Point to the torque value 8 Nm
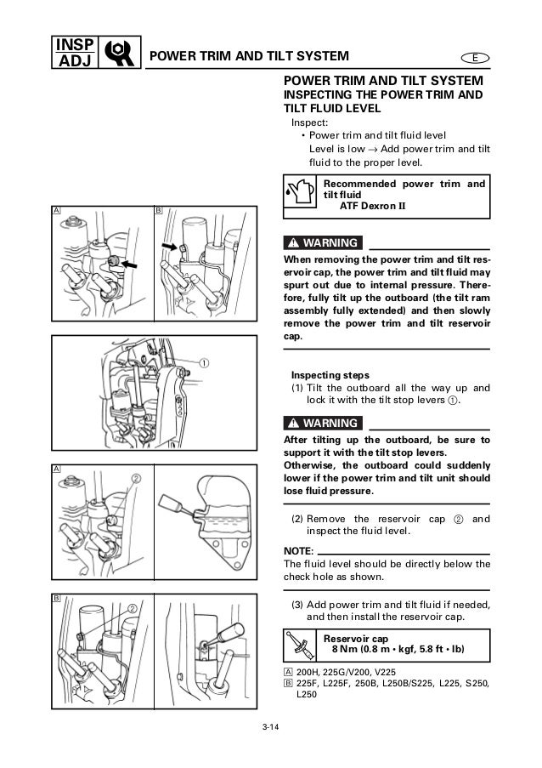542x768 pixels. (x=346, y=651)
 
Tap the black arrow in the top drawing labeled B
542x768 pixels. (x=172, y=247)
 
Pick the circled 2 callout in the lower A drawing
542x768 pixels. (x=135, y=477)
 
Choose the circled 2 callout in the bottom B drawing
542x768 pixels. (x=133, y=608)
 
